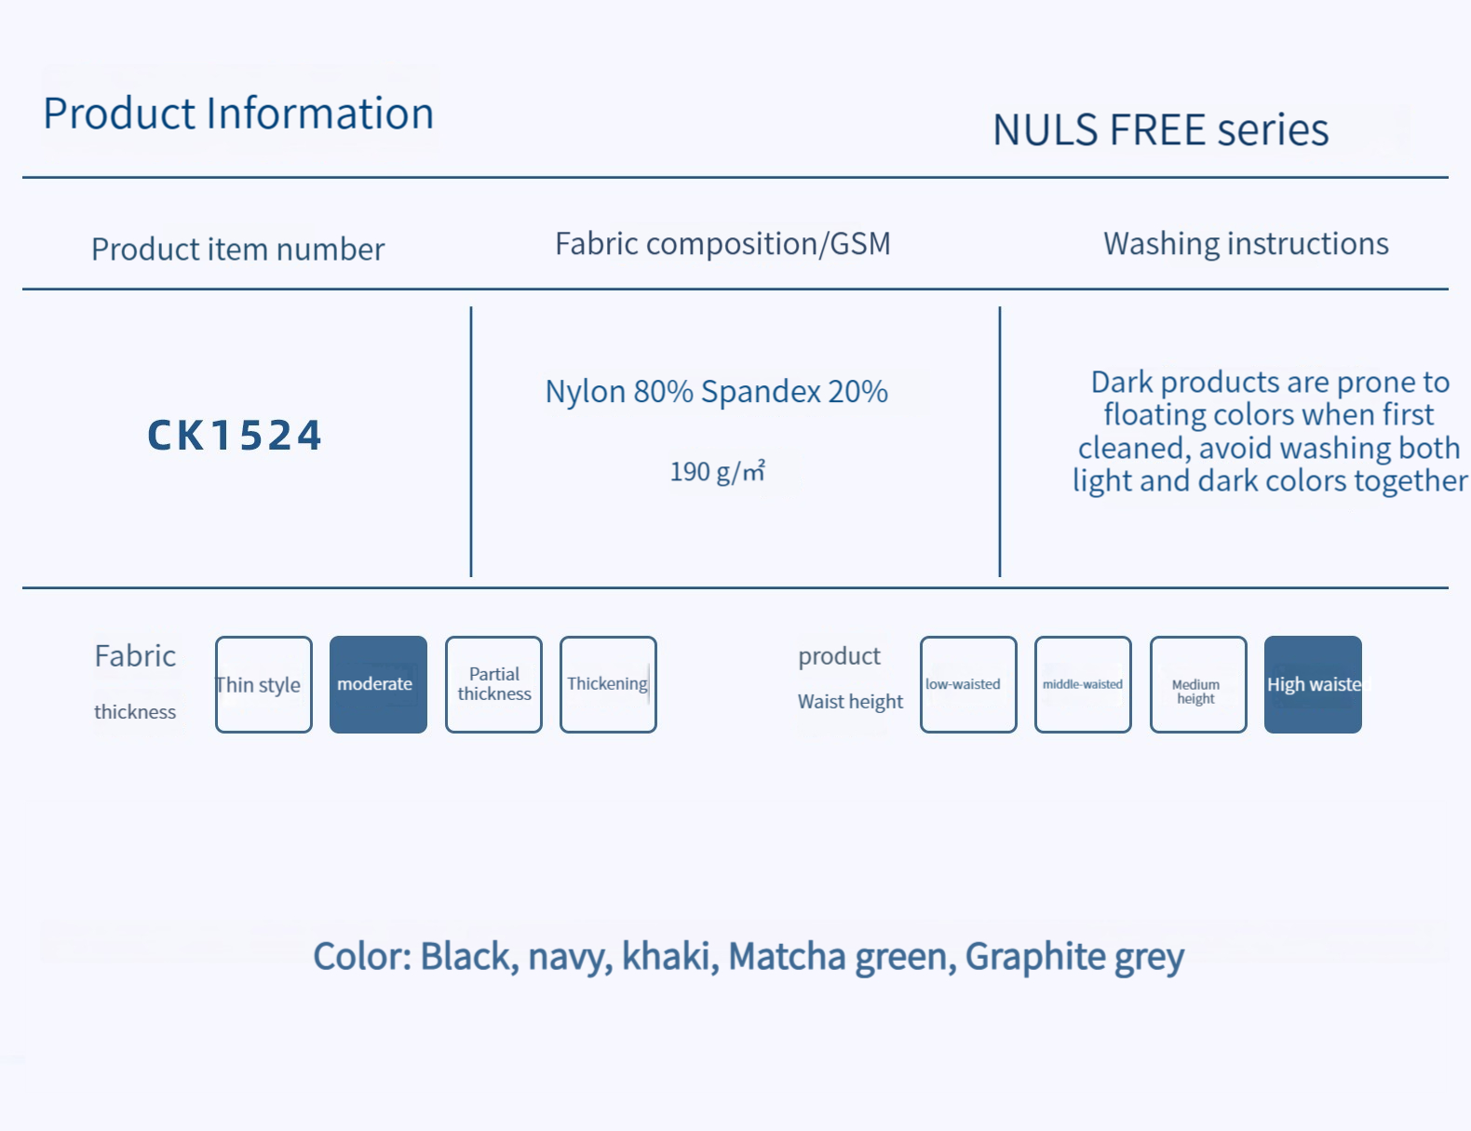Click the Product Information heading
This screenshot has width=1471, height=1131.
(238, 114)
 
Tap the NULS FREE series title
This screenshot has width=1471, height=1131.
(1160, 129)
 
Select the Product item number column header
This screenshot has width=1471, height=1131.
(237, 249)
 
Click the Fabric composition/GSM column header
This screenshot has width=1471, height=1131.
(722, 244)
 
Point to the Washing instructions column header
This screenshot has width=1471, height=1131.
(1246, 244)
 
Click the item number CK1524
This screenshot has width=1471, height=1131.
(235, 436)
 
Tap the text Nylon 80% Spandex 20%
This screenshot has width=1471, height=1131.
(716, 392)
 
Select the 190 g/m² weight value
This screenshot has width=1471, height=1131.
(717, 471)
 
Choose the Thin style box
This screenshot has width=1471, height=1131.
(263, 685)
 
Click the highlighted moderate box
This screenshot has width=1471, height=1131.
(378, 685)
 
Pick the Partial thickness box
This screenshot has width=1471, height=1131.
(493, 685)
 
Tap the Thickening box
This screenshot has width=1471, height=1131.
(608, 685)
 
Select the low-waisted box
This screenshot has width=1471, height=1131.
(968, 685)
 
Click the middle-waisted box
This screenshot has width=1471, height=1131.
(1083, 685)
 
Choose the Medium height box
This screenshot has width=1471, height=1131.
(1197, 685)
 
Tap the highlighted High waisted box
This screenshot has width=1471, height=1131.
(1313, 685)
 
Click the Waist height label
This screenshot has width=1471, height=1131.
(850, 702)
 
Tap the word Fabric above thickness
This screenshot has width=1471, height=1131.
(135, 656)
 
